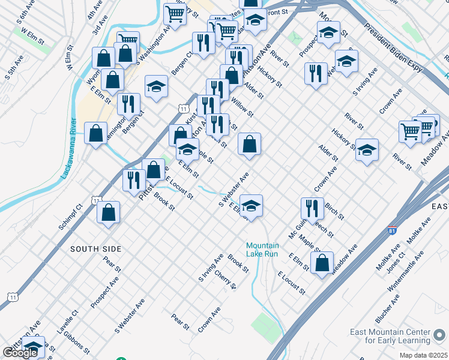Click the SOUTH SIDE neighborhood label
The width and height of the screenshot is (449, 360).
95,248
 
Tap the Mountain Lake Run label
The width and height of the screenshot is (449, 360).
262,250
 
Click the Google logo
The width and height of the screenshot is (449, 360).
20,353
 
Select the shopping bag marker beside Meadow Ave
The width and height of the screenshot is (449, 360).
322,262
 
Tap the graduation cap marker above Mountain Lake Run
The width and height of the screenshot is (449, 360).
252,205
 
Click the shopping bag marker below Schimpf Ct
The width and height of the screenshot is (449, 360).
108,212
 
